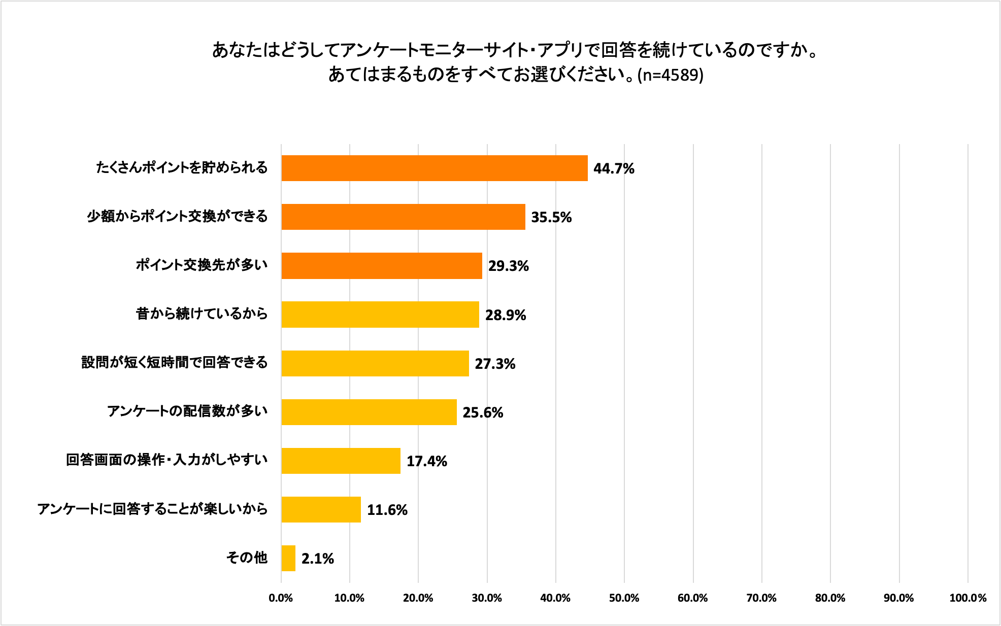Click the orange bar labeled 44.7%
pos(434,168)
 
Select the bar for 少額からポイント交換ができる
pos(403,217)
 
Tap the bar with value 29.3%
pos(382,265)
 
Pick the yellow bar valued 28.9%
pos(380,314)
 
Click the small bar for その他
pos(288,558)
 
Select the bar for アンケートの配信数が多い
pos(369,412)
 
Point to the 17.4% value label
pos(426,461)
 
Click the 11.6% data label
pos(387,510)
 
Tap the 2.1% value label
pos(317,559)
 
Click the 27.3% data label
pos(495,364)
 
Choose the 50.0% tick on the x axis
pos(624,598)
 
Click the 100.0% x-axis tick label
pos(967,598)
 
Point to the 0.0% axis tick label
pos(281,598)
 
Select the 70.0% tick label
pos(761,598)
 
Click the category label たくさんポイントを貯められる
pos(182,167)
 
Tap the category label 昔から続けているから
pos(202,314)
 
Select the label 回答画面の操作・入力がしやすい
pos(166,460)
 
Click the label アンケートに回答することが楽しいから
pos(152,508)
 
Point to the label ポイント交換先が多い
pos(202,265)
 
